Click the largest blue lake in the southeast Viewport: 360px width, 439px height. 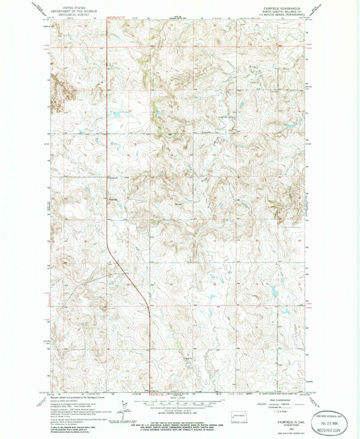pyautogui.click(x=276, y=291)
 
